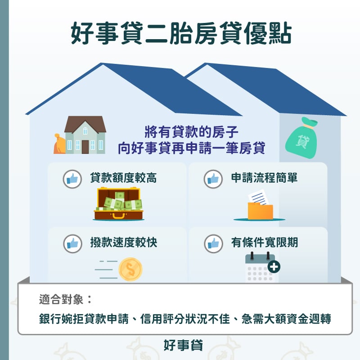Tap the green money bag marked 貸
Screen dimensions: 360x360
point(302,140)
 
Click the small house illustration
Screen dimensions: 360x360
point(85,135)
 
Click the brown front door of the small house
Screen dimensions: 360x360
point(85,146)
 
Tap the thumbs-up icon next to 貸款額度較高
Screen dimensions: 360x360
point(72,179)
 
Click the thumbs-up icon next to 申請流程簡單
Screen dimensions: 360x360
point(213,179)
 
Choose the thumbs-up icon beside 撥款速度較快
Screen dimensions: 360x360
point(72,243)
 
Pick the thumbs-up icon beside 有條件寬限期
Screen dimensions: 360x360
point(213,243)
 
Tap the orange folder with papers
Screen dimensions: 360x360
point(260,208)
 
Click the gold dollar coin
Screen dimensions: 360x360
point(130,269)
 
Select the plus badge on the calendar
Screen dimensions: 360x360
point(274,267)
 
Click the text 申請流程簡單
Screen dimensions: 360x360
point(265,178)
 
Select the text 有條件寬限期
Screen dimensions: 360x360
point(265,243)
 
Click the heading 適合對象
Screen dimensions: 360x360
point(65,299)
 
